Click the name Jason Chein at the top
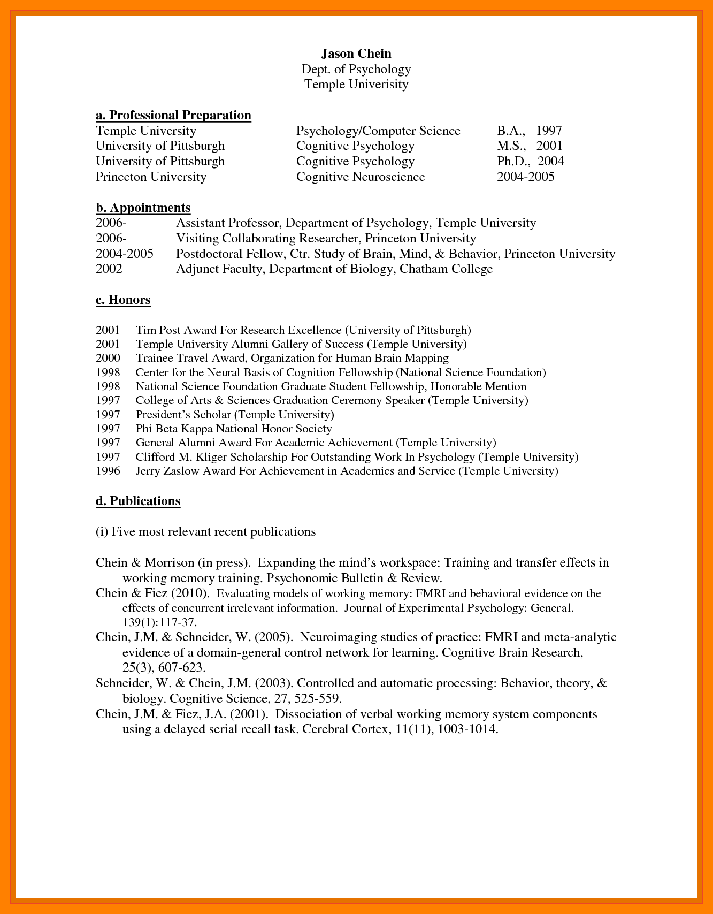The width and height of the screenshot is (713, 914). point(356,54)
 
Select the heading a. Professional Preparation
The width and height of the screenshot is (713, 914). point(173,115)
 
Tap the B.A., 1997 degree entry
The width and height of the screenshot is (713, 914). point(529,131)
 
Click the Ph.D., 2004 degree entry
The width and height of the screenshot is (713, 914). point(530,161)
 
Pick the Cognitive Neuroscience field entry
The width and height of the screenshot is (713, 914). point(361,177)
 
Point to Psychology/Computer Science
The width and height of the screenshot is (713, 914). point(378,131)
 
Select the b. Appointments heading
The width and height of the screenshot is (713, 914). point(143,208)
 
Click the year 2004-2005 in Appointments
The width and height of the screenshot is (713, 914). point(124,254)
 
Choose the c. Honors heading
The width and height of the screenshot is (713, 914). point(123,300)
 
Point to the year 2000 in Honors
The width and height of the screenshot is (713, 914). point(108,358)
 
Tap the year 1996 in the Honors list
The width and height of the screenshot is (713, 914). point(108,471)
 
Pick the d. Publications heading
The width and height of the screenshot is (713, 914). point(138,501)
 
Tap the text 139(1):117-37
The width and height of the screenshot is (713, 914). point(160,622)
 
